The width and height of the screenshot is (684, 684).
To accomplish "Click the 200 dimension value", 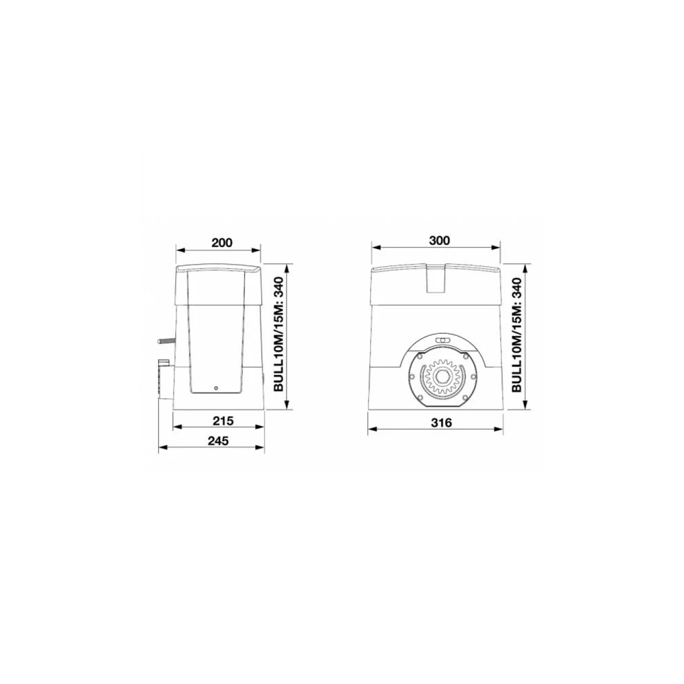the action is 222,243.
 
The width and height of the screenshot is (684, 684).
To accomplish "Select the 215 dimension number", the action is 223,421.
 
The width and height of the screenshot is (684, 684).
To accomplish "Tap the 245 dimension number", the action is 218,441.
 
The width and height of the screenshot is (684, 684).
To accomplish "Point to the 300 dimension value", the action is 439,240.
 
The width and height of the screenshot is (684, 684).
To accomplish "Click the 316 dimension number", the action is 441,423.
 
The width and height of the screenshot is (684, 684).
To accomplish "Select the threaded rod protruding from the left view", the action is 167,343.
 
